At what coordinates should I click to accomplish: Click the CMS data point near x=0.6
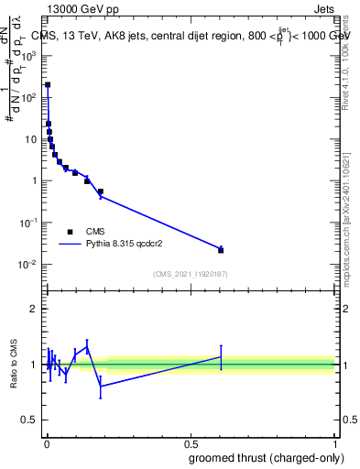[221, 250]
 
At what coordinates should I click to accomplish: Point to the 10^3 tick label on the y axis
[29, 55]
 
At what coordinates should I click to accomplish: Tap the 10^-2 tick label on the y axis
[29, 265]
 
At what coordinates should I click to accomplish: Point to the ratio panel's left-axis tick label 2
[33, 309]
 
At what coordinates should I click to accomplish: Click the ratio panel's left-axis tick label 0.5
[29, 420]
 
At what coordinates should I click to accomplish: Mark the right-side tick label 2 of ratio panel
[344, 309]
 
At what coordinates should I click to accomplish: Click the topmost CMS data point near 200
[48, 84]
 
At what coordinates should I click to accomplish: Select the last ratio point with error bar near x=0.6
[221, 356]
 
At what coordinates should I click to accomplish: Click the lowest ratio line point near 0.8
[101, 386]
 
